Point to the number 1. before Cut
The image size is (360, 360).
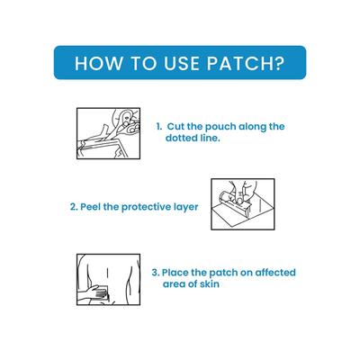158,127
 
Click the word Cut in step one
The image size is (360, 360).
177,127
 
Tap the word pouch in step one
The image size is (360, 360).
225,127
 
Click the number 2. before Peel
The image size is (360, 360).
74,206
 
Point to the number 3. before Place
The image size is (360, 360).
156,272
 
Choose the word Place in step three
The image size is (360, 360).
177,272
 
